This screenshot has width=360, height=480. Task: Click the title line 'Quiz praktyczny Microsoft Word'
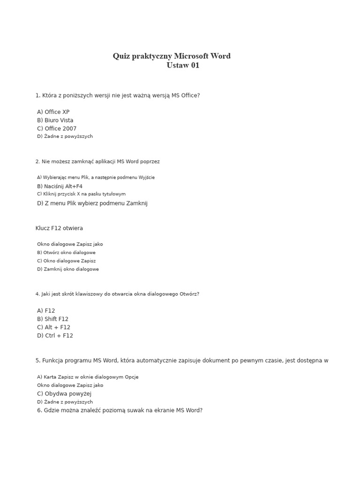click(172, 56)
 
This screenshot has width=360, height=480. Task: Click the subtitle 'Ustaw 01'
click(183, 66)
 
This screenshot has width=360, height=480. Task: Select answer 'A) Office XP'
click(53, 112)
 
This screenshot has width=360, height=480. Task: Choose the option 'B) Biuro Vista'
click(55, 120)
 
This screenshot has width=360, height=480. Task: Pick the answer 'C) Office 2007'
click(56, 129)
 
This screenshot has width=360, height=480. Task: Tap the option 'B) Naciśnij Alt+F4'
click(60, 187)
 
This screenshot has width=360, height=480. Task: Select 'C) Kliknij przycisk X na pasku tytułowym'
click(81, 194)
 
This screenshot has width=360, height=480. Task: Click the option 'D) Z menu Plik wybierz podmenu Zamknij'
click(92, 203)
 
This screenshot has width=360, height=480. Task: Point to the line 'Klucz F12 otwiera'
click(59, 228)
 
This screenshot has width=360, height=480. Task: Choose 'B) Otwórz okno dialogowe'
click(66, 253)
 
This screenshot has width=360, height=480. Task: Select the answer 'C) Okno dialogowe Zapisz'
click(66, 261)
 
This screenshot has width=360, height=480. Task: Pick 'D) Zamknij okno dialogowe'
click(67, 270)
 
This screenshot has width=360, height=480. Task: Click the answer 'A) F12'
click(46, 311)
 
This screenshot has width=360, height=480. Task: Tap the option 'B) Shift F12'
click(52, 319)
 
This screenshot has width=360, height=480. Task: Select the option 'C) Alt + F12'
click(53, 328)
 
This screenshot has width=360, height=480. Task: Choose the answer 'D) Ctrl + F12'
click(55, 336)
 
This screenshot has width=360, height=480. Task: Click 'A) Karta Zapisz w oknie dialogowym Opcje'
click(88, 377)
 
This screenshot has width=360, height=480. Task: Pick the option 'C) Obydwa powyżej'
click(64, 394)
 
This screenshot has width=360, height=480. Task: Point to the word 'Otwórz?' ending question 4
click(189, 294)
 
